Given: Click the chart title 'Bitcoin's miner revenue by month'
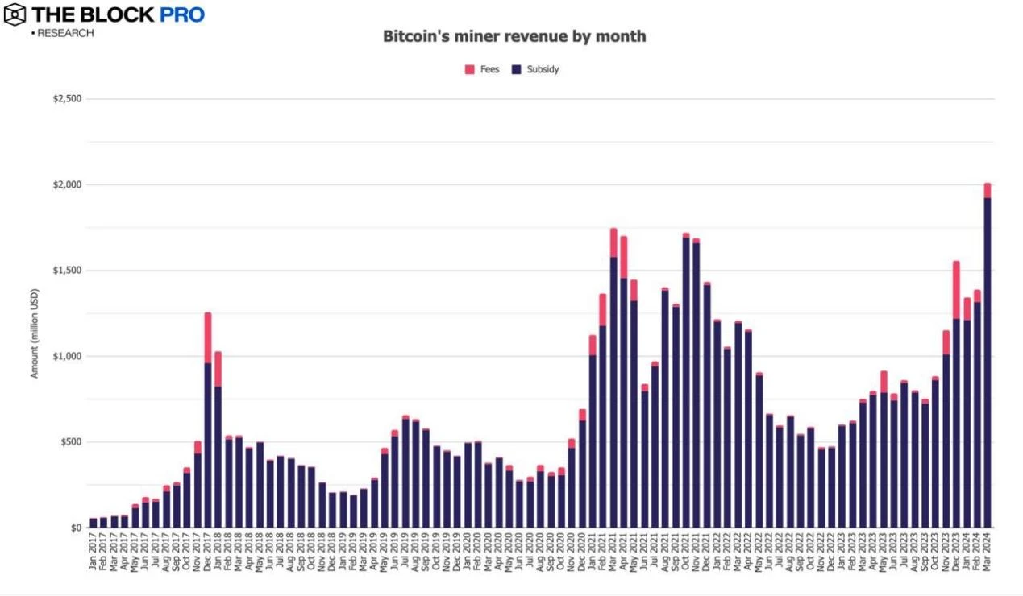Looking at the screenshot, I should [514, 36].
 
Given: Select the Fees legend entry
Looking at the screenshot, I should [482, 69].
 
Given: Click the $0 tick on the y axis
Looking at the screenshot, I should [76, 528].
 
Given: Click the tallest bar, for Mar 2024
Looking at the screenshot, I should [987, 362].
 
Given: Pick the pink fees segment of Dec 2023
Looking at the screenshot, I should [956, 290].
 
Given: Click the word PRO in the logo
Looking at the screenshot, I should [183, 14].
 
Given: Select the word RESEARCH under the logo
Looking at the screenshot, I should [65, 33].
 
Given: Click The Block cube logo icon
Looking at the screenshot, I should [15, 14].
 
